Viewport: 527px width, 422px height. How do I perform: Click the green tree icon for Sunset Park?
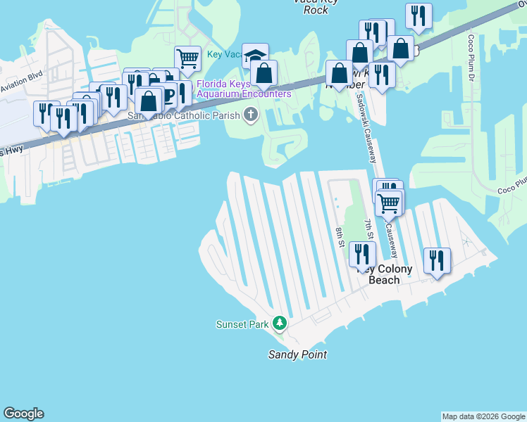coord(280,324)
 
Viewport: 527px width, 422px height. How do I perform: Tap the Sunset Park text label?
coord(242,324)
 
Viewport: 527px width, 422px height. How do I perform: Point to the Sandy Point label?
coord(297,354)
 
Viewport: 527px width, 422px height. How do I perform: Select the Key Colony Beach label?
coord(385,274)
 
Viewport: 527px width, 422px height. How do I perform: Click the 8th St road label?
coord(339,237)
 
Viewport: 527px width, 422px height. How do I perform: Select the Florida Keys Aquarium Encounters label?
coord(244,89)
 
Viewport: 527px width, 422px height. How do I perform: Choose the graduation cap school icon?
coord(255,56)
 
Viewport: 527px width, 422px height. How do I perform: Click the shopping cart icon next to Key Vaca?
coord(187,58)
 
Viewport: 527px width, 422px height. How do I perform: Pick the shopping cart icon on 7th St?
coord(388,203)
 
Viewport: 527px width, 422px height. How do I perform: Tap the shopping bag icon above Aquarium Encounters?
coord(263,73)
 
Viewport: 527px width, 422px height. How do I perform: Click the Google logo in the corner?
coord(23,414)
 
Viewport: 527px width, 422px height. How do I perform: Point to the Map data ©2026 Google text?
coord(484,416)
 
